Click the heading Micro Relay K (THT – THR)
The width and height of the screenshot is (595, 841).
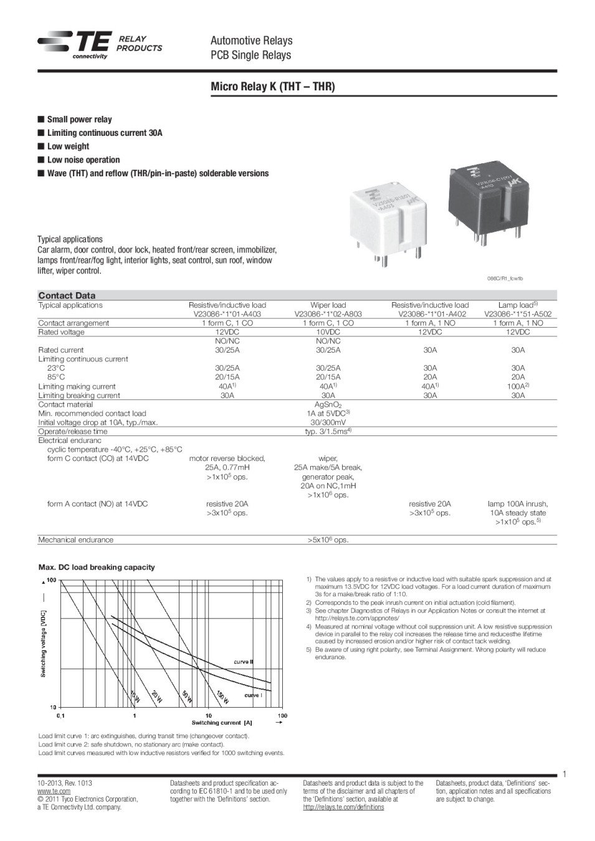[272, 87]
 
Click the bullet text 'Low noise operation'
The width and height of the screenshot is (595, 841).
[83, 160]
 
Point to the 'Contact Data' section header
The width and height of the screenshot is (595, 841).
[67, 295]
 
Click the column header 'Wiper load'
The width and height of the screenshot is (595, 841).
[328, 305]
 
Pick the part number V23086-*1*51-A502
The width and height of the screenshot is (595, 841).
[518, 314]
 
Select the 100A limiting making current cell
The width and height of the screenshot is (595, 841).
[518, 386]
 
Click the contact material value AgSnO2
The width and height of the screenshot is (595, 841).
[328, 404]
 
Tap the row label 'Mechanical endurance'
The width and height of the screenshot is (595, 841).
[76, 539]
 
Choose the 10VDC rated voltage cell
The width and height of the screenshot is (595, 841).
[328, 332]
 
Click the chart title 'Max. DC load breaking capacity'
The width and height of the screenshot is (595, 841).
[97, 568]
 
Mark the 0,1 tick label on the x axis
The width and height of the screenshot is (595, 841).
[61, 716]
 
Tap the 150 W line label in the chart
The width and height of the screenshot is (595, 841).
[223, 697]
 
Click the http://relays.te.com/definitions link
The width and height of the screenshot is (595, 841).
[343, 807]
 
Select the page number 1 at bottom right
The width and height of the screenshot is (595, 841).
[564, 774]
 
